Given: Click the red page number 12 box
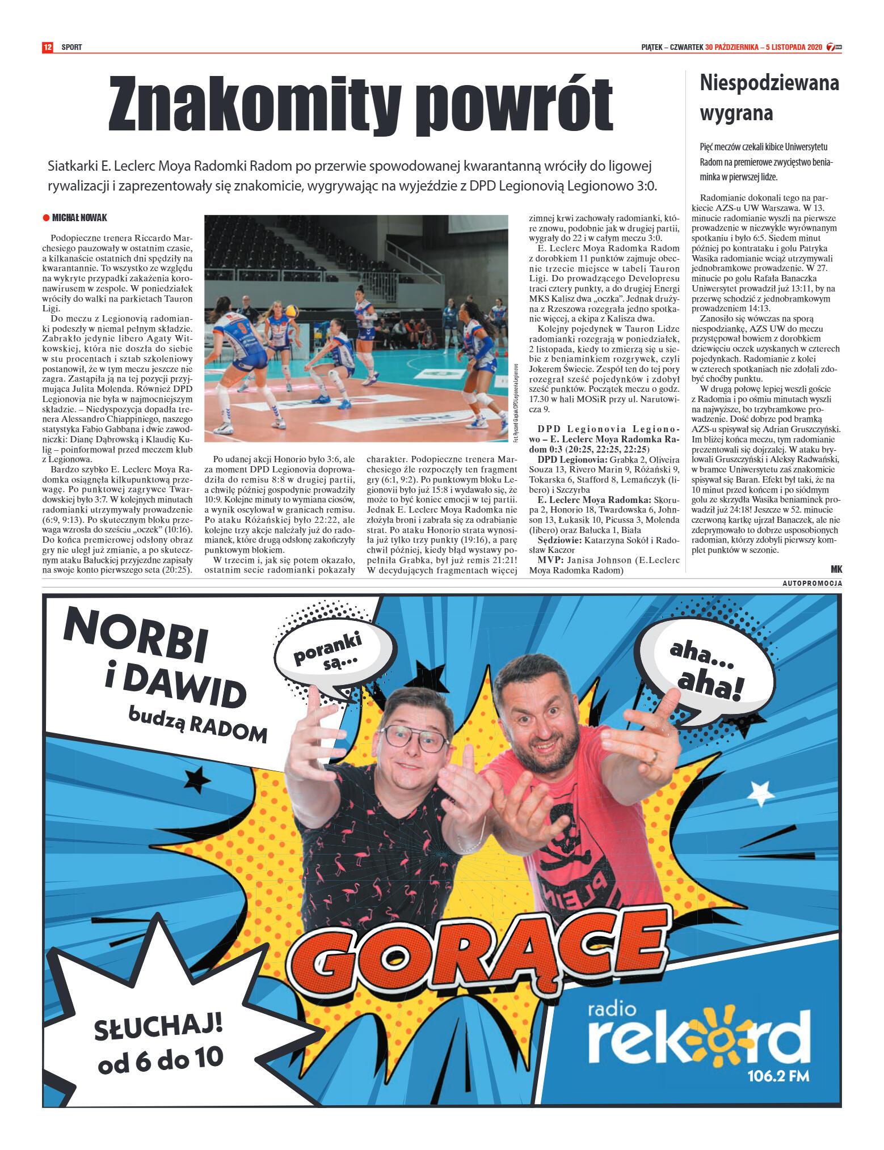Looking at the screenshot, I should (x=48, y=47).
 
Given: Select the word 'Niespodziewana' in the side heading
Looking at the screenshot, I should (x=769, y=83).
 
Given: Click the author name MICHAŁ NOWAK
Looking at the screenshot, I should (x=79, y=218).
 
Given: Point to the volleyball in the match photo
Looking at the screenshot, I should (x=292, y=311).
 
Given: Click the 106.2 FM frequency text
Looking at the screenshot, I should (x=778, y=1075).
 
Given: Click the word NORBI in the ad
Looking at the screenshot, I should (x=136, y=634).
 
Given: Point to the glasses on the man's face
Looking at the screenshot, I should (x=415, y=738).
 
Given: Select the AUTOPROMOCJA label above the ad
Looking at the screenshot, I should (x=812, y=584).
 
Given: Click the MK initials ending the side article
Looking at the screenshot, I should (x=836, y=569).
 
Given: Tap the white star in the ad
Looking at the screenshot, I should (x=760, y=792).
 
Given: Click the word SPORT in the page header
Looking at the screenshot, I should (x=71, y=47).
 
